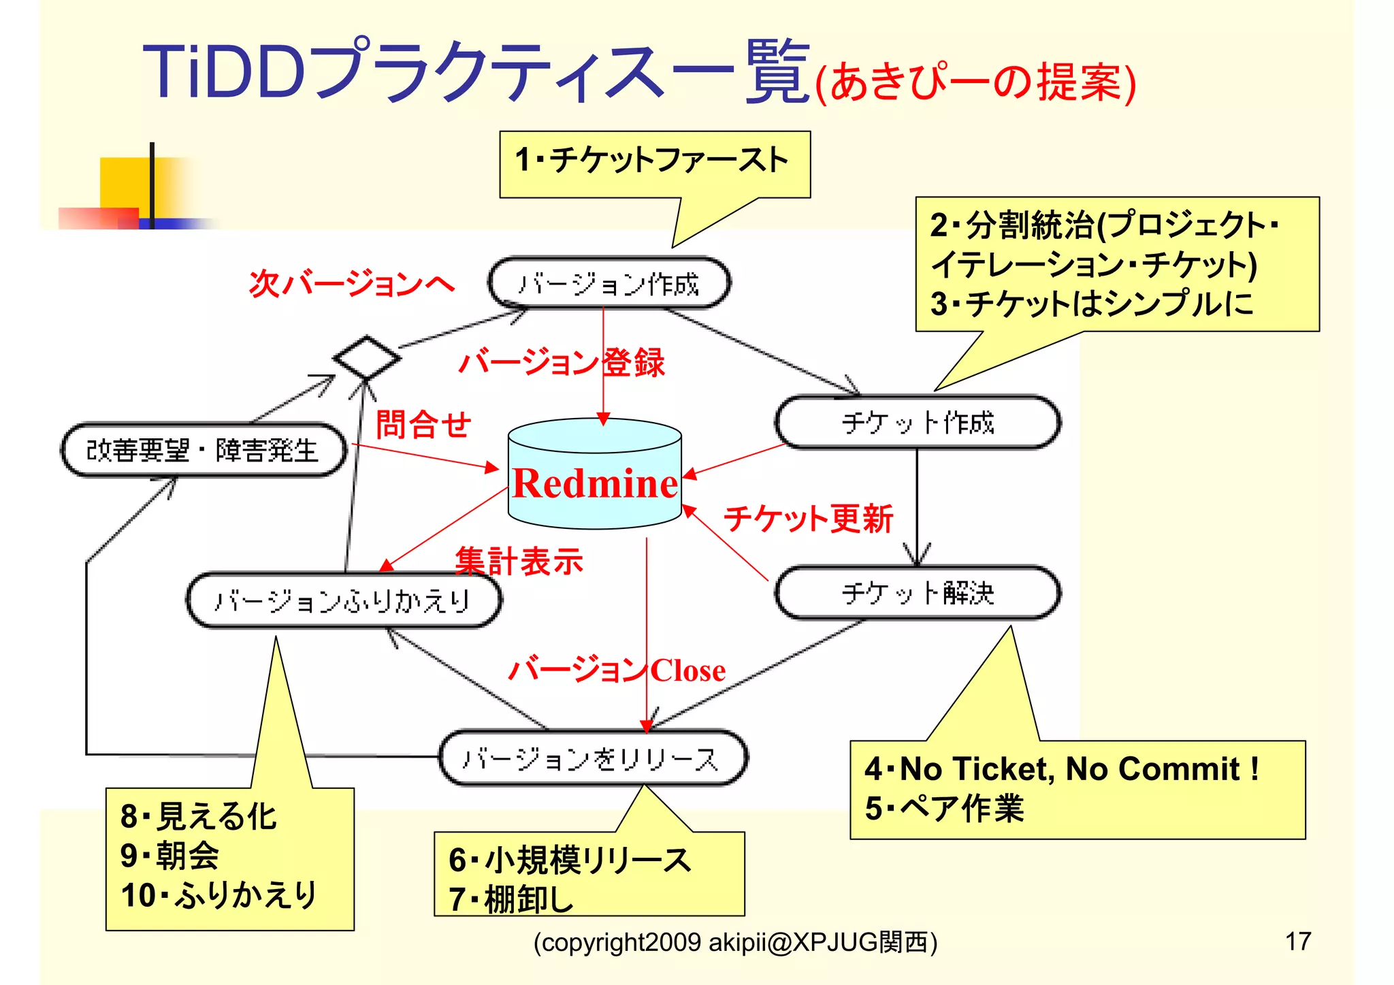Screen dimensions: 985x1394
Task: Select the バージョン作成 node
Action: pos(609,283)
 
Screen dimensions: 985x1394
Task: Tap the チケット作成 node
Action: pos(917,423)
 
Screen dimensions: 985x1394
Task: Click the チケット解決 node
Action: pos(917,593)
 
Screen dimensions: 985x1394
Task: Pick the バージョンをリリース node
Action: pos(592,758)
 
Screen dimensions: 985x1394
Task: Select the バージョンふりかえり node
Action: pos(343,600)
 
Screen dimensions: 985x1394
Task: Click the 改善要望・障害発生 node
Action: pos(203,450)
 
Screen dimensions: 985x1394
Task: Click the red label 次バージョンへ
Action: pos(351,283)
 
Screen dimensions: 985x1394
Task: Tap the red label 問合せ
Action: pos(423,425)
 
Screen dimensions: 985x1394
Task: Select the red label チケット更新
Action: pos(808,519)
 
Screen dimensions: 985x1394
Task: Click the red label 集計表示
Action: pos(519,562)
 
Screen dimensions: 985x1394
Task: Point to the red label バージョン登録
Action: pos(562,362)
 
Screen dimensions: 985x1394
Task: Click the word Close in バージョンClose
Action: pos(687,671)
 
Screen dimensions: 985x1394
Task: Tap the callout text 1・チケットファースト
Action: pos(651,161)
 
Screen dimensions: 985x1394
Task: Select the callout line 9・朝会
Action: pos(170,856)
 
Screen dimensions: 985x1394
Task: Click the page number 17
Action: pos(1297,941)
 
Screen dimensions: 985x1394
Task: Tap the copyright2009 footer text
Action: pos(735,943)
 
